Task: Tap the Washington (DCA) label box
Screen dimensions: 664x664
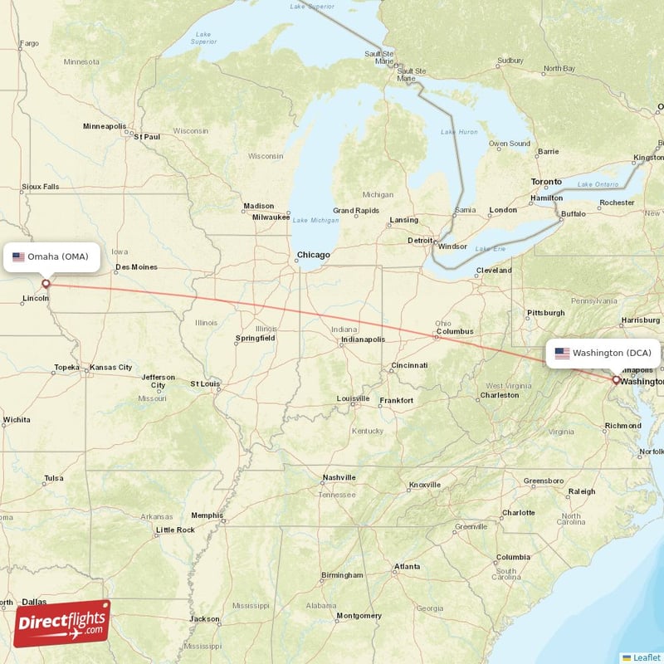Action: tap(603, 353)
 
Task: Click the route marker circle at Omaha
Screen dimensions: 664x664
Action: tap(46, 284)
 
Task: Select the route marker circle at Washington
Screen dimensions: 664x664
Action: tap(616, 380)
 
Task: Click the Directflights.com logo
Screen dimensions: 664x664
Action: tap(62, 623)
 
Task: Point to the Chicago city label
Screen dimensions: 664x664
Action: tap(314, 255)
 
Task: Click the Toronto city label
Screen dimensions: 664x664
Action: tap(546, 182)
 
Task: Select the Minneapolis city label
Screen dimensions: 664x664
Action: tap(104, 126)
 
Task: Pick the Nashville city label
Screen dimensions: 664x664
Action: tap(339, 477)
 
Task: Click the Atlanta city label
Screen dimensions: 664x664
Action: tap(407, 567)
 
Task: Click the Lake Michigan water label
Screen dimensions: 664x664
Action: tap(315, 220)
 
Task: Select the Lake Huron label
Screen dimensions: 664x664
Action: tap(459, 132)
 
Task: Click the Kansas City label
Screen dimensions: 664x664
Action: tap(111, 367)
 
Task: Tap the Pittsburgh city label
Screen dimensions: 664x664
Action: tap(545, 313)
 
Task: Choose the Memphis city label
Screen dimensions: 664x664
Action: tap(207, 515)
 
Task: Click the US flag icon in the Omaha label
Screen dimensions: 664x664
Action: tap(18, 257)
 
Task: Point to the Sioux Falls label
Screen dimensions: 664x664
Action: tap(40, 187)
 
